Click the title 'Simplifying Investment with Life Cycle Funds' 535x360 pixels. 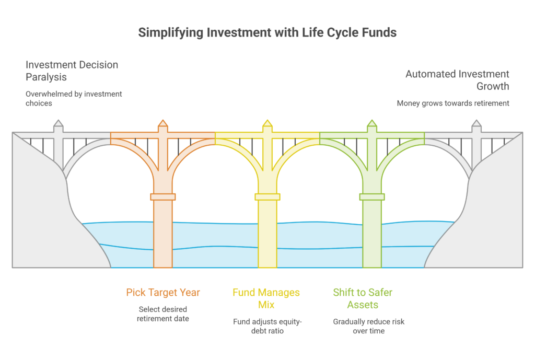coord(267,33)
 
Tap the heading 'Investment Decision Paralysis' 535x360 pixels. coord(72,71)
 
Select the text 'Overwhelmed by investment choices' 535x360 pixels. coord(74,98)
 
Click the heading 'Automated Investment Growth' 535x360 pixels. coord(457,80)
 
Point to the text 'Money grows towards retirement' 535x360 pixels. coord(453,103)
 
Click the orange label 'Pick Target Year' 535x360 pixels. coord(163,293)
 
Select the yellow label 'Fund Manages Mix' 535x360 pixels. coord(266,298)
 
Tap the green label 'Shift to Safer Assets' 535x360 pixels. coord(363,298)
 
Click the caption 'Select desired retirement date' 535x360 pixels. coord(163,314)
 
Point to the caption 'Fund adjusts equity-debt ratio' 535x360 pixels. coord(267,326)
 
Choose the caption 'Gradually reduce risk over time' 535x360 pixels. coord(369,326)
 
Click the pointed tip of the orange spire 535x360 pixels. coord(163,120)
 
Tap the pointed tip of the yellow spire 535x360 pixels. coord(267,120)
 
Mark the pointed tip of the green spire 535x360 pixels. coord(372,120)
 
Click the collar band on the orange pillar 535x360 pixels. coord(163,197)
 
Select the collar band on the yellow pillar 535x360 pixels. coord(267,197)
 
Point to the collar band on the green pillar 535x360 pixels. coord(372,197)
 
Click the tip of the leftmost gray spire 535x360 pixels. coord(59,120)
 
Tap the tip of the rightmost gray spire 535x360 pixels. coord(476,120)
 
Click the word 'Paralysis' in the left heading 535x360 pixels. coord(46,77)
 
